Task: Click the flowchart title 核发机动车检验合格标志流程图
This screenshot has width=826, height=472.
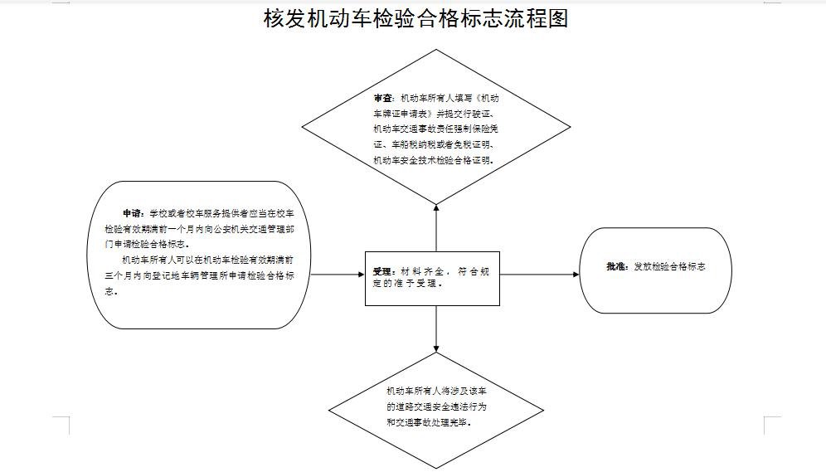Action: [415, 18]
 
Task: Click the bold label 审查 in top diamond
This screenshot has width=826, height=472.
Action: [383, 97]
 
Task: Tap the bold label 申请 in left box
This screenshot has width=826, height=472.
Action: [133, 213]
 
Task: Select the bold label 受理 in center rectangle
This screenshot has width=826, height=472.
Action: [382, 271]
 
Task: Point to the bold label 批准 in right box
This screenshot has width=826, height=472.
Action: [616, 267]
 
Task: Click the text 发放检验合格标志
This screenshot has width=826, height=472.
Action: [669, 267]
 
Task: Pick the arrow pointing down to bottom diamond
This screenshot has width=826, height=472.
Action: [436, 328]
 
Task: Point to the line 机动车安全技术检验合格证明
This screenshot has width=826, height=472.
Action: [434, 160]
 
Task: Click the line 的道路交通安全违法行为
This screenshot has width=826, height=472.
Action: [436, 406]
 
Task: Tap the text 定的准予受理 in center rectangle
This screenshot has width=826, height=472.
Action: [407, 283]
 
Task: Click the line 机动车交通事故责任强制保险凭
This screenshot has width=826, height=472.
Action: [435, 129]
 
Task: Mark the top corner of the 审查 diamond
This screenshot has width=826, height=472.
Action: [436, 50]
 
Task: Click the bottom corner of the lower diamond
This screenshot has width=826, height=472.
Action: [436, 469]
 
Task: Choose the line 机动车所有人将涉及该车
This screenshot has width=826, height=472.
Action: [435, 391]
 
